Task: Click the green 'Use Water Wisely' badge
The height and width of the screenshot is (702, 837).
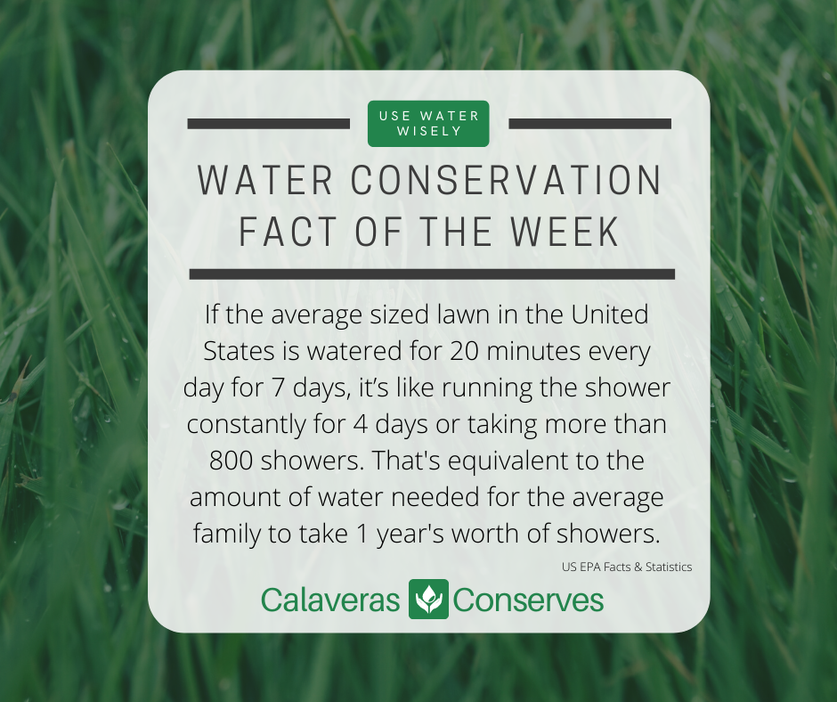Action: (x=428, y=123)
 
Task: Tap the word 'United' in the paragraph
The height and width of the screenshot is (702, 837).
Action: (x=611, y=314)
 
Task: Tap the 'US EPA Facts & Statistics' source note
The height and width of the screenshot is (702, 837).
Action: (x=627, y=567)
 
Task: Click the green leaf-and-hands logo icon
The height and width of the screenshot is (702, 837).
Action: (x=427, y=599)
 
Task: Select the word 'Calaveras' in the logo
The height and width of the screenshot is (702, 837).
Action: (x=329, y=600)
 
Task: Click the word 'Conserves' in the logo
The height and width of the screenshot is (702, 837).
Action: (x=528, y=600)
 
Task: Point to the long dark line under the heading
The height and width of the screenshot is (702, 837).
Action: (x=432, y=273)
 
